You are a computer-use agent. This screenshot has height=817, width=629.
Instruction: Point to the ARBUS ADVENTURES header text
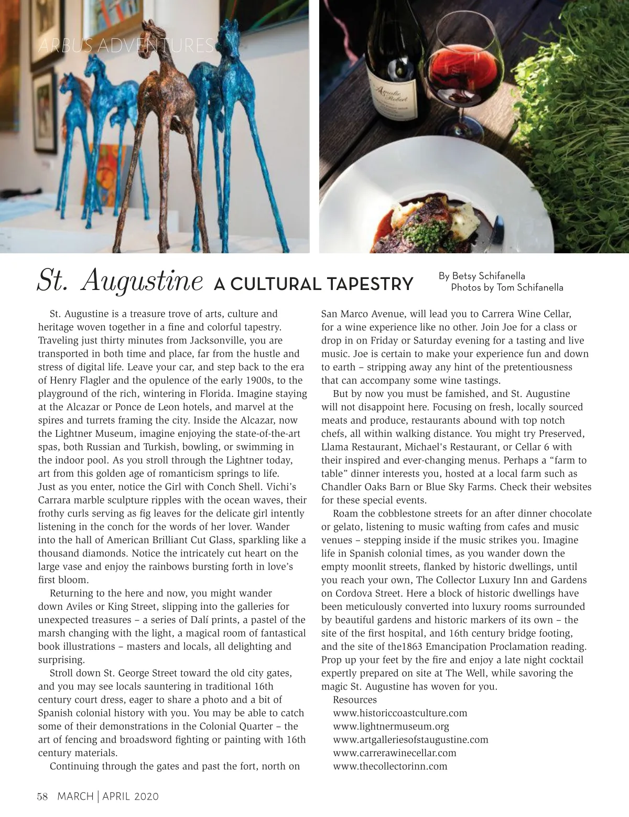[x=126, y=46]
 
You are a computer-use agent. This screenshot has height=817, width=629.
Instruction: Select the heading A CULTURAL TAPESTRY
[x=313, y=284]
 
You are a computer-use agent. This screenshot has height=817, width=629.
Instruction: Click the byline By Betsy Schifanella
[x=482, y=276]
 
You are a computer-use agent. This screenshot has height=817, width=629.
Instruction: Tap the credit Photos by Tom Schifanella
[x=507, y=287]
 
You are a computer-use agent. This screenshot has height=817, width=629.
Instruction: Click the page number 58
[x=42, y=797]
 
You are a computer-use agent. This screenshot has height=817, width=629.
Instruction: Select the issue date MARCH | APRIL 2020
[x=108, y=797]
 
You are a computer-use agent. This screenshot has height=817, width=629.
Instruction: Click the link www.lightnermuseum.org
[x=391, y=726]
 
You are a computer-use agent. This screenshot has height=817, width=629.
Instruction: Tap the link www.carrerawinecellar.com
[x=395, y=752]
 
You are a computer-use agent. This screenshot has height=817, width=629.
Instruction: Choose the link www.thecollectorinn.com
[x=390, y=766]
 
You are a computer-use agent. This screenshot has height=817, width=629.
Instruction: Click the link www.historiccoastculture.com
[x=400, y=713]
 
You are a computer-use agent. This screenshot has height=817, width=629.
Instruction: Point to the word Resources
[x=355, y=700]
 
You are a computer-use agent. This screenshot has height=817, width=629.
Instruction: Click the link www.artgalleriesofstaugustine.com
[x=410, y=739]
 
